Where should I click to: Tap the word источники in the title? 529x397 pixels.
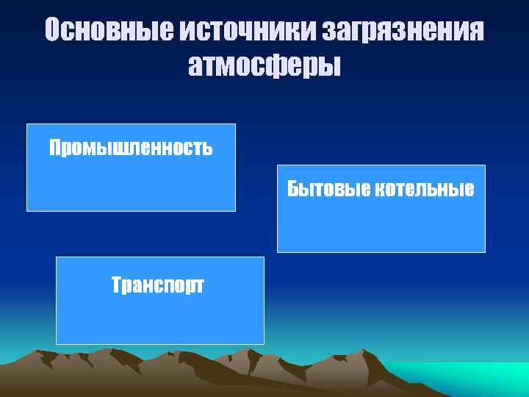click(x=248, y=30)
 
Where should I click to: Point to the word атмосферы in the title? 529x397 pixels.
click(x=264, y=66)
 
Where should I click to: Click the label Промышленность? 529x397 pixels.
click(x=131, y=149)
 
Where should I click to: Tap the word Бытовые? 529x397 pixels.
click(x=328, y=190)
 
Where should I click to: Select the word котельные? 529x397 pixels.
click(x=425, y=190)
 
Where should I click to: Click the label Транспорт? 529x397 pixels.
click(x=158, y=285)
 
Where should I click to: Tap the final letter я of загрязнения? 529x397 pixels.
click(x=475, y=31)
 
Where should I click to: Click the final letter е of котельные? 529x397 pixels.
click(x=469, y=190)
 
